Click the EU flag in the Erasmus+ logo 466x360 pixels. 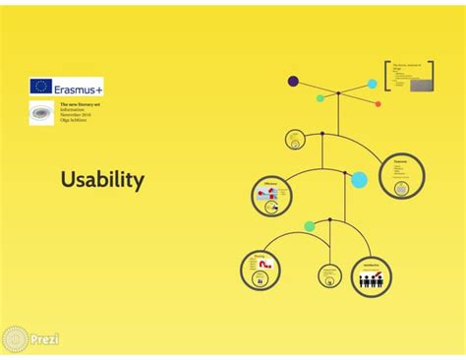tap(40, 87)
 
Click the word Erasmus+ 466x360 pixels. tap(79, 87)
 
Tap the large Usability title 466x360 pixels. tap(102, 180)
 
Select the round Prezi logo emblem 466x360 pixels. tap(15, 339)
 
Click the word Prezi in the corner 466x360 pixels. tap(44, 339)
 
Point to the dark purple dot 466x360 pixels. tap(293, 81)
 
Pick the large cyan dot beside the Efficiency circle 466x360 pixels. tap(359, 180)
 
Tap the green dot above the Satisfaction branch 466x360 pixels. tap(310, 226)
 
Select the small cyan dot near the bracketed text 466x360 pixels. tap(373, 84)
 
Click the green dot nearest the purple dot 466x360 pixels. tap(320, 98)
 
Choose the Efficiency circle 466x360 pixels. tap(271, 196)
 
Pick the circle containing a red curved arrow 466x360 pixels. tap(261, 270)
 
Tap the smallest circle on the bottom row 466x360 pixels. tap(329, 275)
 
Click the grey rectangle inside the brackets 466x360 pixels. tap(423, 85)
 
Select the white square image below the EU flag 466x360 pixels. tap(41, 114)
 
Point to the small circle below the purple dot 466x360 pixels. tap(295, 140)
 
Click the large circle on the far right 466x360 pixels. tap(401, 176)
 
